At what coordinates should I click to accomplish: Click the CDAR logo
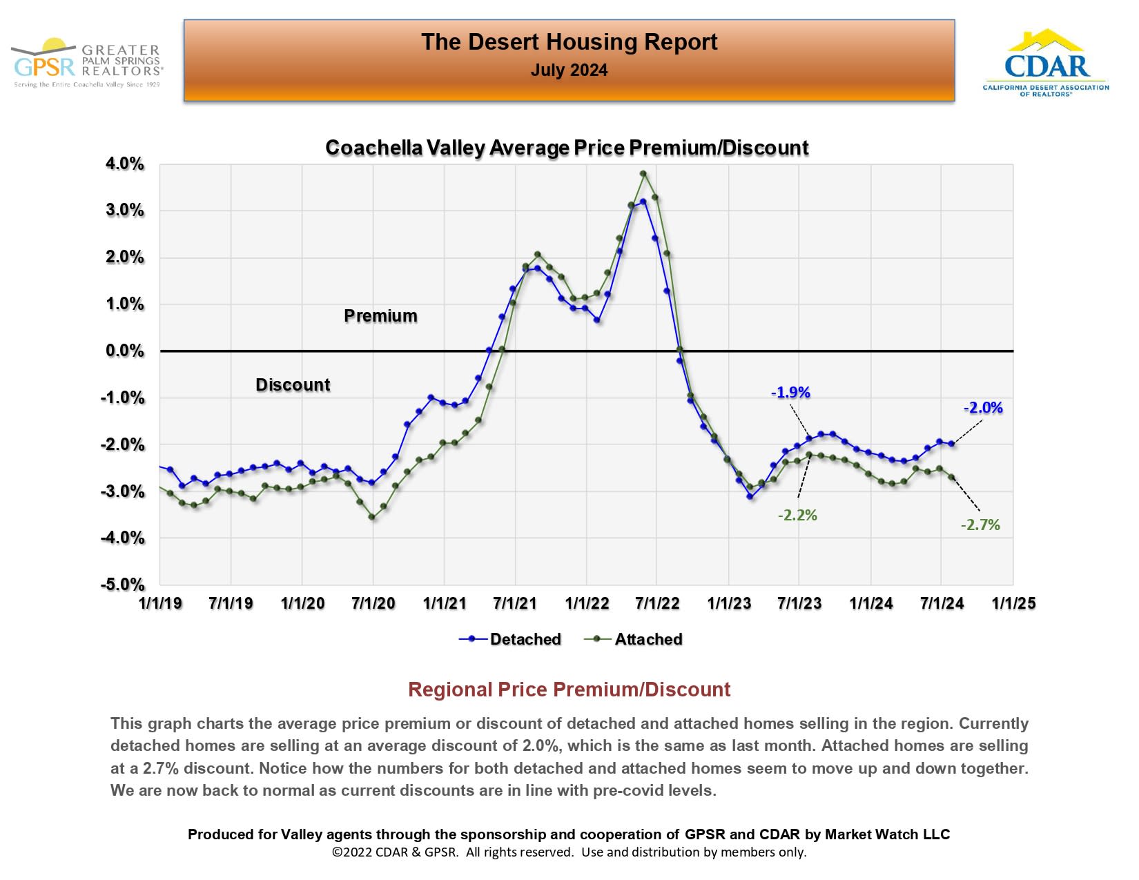[x=1046, y=63]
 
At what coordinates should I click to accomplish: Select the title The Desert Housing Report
[x=569, y=42]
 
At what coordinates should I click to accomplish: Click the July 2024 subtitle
[x=569, y=70]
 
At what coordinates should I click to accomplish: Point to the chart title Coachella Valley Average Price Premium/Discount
[x=567, y=148]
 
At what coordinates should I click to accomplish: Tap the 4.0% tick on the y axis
[x=125, y=164]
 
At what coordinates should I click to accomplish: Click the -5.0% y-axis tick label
[x=124, y=585]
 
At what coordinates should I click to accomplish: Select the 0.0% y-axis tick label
[x=125, y=351]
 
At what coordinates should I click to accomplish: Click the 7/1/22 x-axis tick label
[x=657, y=603]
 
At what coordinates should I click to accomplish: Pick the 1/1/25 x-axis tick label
[x=1013, y=603]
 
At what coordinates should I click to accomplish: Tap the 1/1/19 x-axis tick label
[x=160, y=603]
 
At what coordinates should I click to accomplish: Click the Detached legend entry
[x=525, y=639]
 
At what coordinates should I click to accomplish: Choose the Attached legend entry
[x=648, y=639]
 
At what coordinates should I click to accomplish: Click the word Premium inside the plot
[x=380, y=316]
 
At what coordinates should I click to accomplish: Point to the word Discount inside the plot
[x=293, y=385]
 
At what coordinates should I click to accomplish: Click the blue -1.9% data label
[x=790, y=393]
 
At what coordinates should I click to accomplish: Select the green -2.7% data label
[x=980, y=525]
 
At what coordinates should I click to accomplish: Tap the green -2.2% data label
[x=797, y=516]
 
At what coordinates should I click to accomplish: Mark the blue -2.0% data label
[x=983, y=408]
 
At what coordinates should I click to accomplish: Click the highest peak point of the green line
[x=643, y=174]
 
